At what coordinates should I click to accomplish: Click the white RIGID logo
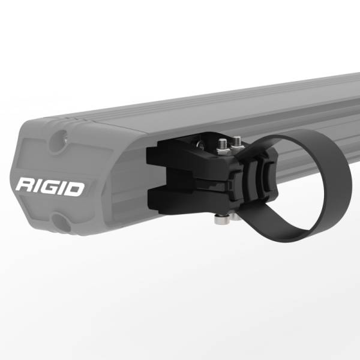[x=50, y=187]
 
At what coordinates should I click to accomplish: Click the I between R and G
[x=38, y=187]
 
